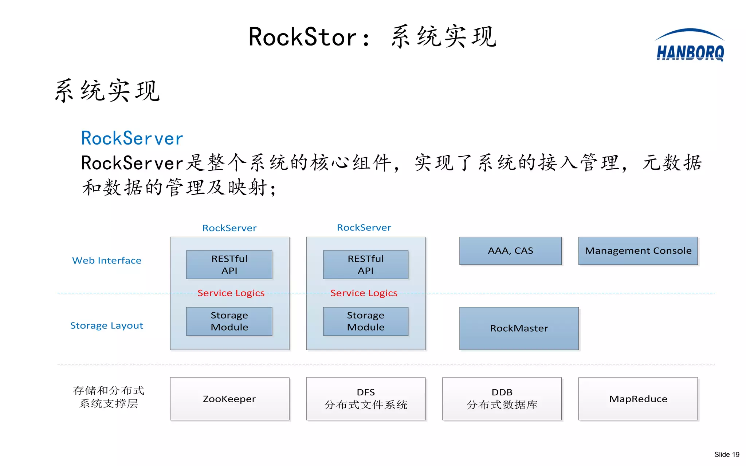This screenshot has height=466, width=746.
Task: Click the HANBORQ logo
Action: pyautogui.click(x=690, y=46)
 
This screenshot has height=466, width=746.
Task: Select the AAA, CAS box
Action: pyautogui.click(x=510, y=251)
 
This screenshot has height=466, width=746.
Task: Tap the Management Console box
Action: pyautogui.click(x=638, y=251)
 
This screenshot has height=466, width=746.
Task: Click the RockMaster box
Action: pyautogui.click(x=519, y=328)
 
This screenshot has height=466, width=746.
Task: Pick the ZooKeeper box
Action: pyautogui.click(x=229, y=399)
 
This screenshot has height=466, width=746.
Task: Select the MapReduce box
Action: pyautogui.click(x=638, y=399)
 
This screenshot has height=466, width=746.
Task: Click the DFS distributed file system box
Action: pyautogui.click(x=366, y=399)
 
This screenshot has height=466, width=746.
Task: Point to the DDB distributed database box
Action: pyautogui.click(x=502, y=399)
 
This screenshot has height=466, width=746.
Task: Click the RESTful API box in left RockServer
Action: pyautogui.click(x=229, y=265)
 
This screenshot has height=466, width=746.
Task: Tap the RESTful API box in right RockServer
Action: pyautogui.click(x=366, y=265)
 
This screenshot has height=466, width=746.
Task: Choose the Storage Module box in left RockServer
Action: pyautogui.click(x=229, y=321)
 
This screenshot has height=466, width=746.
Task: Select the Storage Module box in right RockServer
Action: pyautogui.click(x=366, y=321)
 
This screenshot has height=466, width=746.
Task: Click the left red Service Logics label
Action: pyautogui.click(x=231, y=293)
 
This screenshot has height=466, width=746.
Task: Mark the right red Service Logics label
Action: pyautogui.click(x=364, y=293)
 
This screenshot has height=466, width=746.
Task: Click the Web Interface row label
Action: pyautogui.click(x=107, y=261)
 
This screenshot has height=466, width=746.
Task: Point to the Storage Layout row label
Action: pyautogui.click(x=107, y=325)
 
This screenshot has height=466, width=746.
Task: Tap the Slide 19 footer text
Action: pyautogui.click(x=726, y=454)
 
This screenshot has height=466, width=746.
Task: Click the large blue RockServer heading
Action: pyautogui.click(x=132, y=139)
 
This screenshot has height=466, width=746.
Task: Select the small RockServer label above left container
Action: pyautogui.click(x=229, y=228)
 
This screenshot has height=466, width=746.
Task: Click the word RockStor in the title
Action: pyautogui.click(x=303, y=37)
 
